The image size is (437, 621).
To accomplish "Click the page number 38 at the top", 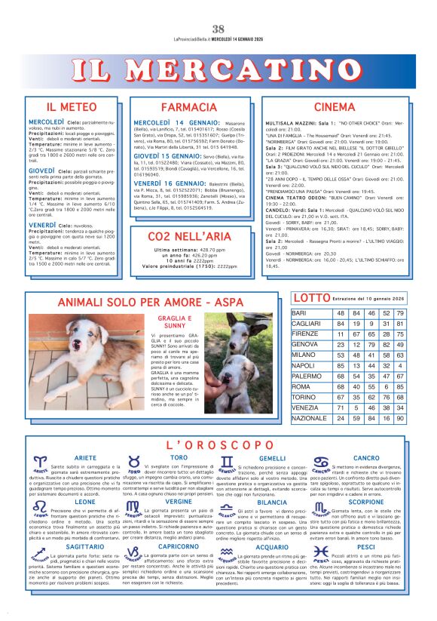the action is click(218, 29).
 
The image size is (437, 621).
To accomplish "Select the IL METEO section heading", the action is click(72, 107).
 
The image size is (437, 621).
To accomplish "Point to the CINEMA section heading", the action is click(334, 107).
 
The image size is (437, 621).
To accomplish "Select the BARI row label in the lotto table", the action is click(299, 312).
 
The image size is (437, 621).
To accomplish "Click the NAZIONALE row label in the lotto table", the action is click(309, 417).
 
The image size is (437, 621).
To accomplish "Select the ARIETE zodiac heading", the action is click(85, 458).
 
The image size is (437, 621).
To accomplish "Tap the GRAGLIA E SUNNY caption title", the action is click(171, 323).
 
